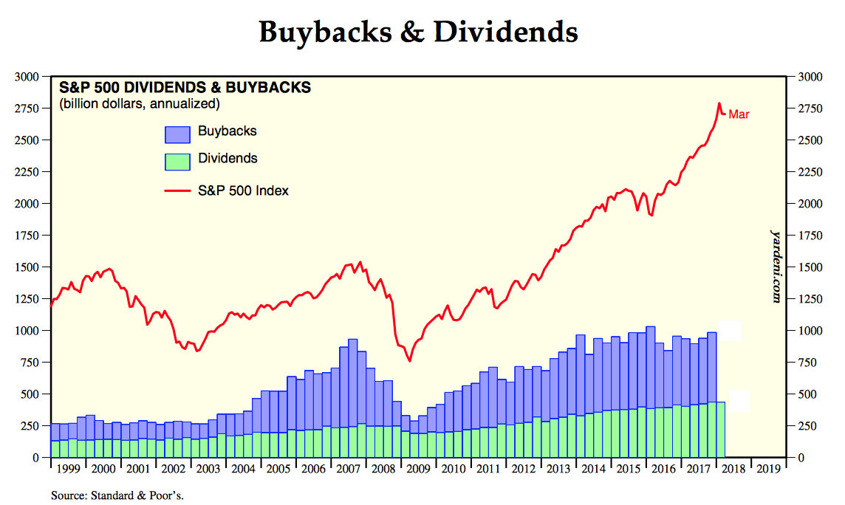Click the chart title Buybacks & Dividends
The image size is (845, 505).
pyautogui.click(x=418, y=32)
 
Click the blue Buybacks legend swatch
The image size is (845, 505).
pyautogui.click(x=177, y=134)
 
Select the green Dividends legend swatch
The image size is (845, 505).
pyautogui.click(x=177, y=161)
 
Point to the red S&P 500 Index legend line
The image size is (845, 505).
pyautogui.click(x=177, y=191)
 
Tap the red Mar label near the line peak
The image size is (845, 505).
pyautogui.click(x=739, y=114)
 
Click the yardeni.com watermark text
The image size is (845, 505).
pyautogui.click(x=776, y=265)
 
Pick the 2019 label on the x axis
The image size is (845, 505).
pyautogui.click(x=767, y=468)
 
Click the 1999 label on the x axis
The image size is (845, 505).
pyautogui.click(x=69, y=468)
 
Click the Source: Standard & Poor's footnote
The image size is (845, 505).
pyautogui.click(x=117, y=495)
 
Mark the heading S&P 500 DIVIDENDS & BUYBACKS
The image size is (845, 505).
pyautogui.click(x=185, y=88)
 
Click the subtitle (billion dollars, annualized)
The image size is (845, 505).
pyautogui.click(x=140, y=103)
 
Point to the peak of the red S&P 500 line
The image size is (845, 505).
pyautogui.click(x=719, y=103)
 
